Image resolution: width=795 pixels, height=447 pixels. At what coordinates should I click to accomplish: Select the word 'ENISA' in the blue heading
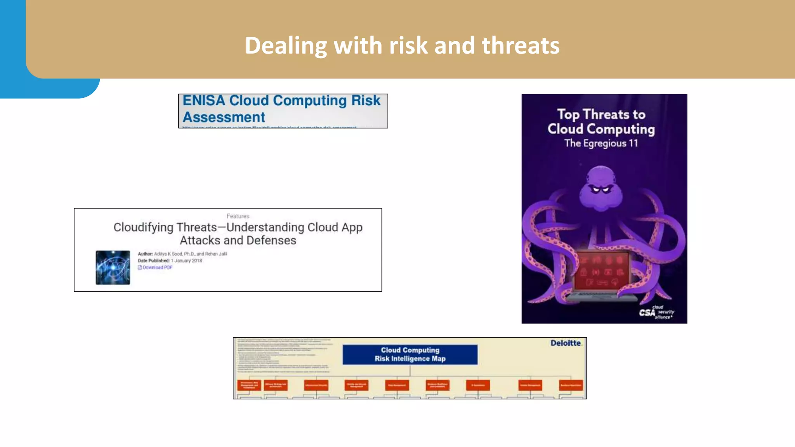tap(204, 100)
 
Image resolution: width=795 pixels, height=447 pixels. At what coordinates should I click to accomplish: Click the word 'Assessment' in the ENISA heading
tap(224, 117)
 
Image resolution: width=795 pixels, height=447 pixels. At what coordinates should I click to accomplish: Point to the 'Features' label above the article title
tap(238, 216)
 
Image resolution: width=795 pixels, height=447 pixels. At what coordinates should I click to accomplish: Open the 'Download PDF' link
tap(157, 267)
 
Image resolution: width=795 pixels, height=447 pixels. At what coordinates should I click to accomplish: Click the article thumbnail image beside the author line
tap(113, 267)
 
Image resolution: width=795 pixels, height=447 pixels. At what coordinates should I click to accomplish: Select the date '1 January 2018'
tap(186, 261)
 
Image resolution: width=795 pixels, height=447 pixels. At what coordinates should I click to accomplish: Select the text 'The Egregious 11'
tap(601, 143)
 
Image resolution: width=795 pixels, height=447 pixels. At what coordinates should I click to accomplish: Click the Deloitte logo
tap(566, 343)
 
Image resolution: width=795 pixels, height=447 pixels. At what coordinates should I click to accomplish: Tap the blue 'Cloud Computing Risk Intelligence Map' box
tap(410, 354)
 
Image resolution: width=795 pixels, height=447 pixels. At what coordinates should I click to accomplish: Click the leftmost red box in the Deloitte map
tap(249, 385)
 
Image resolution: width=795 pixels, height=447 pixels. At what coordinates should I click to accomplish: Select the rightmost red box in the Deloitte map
tap(571, 385)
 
